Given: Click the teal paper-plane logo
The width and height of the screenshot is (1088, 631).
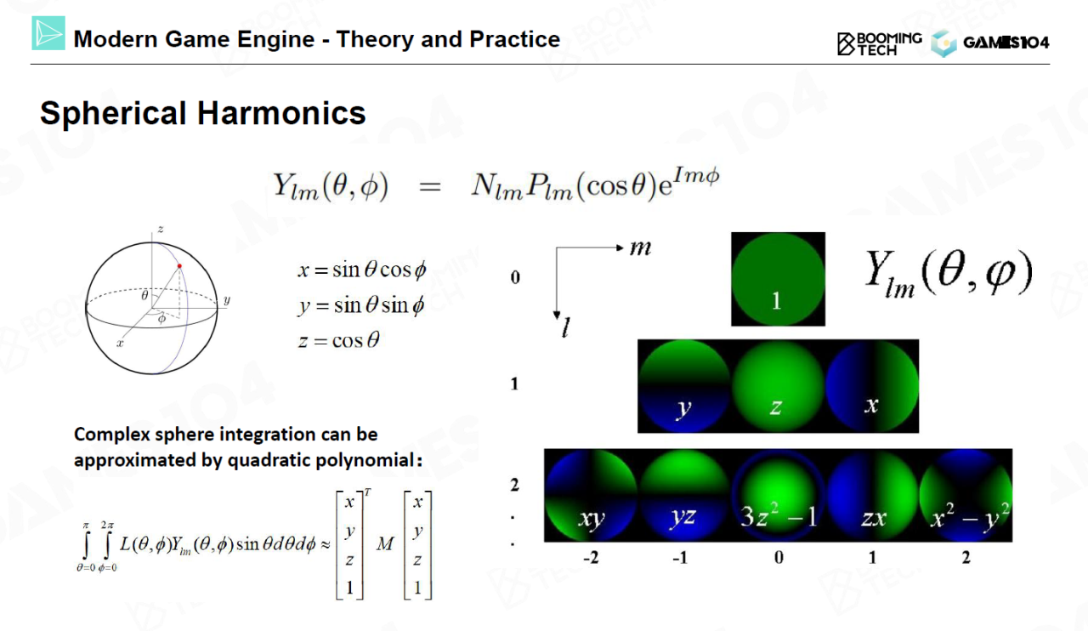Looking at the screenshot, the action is (x=48, y=33).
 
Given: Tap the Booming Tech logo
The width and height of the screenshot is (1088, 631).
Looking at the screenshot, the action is (x=880, y=44).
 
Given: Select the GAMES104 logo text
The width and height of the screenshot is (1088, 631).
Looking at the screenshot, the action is (x=1006, y=43).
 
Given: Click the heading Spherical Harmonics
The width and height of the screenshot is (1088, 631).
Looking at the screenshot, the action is (x=202, y=113).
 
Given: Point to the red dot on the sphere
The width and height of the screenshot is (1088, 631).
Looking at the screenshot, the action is (x=179, y=266).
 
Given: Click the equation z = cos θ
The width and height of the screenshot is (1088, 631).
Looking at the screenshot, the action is (x=338, y=340).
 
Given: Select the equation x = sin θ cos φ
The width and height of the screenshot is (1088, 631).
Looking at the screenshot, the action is (x=362, y=270).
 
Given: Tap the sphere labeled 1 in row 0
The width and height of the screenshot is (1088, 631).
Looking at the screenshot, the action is (x=778, y=279).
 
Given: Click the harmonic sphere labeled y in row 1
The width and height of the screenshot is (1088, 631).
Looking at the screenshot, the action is (x=684, y=386).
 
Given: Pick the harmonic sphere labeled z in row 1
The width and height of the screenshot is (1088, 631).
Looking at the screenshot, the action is (x=778, y=386).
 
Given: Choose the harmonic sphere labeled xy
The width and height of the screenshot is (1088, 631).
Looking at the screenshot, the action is (x=591, y=496).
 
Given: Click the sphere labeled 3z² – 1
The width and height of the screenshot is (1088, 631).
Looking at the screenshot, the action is (x=778, y=496).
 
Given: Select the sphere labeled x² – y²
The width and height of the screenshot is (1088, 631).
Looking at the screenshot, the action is (x=966, y=496).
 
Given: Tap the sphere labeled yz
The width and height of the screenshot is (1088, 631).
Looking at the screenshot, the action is (x=684, y=496).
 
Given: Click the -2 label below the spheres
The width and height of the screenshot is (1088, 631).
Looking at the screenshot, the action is (x=591, y=557).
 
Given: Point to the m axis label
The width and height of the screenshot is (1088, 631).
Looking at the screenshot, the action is (x=640, y=248).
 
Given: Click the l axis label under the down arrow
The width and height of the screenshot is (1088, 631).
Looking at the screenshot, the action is (x=565, y=327).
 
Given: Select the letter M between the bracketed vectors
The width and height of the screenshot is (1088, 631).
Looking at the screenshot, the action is (x=385, y=543).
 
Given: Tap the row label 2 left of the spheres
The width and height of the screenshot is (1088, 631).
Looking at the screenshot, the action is (x=514, y=485).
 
